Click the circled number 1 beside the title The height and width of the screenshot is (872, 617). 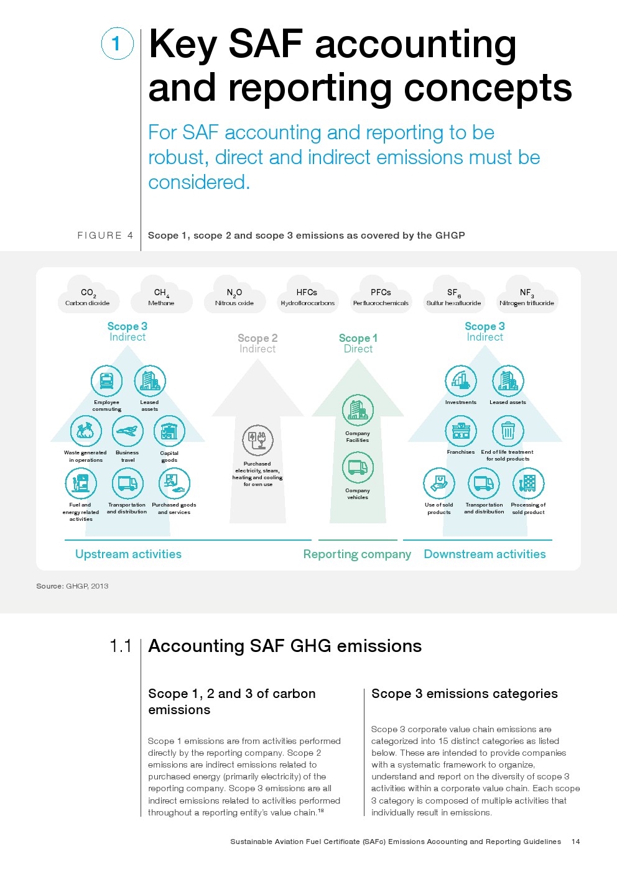[117, 44]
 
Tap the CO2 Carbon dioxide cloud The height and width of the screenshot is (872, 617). [88, 296]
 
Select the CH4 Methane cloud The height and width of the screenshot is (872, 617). [161, 296]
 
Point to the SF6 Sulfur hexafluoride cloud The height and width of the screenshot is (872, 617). [453, 296]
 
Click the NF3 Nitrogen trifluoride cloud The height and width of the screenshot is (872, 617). [527, 296]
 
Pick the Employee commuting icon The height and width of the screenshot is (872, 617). [106, 381]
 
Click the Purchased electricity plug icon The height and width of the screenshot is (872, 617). [257, 441]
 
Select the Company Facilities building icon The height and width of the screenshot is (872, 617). [358, 410]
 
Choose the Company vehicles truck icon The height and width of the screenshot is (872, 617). [358, 467]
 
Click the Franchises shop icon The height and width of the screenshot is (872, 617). [461, 431]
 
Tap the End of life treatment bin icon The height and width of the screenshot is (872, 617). [508, 431]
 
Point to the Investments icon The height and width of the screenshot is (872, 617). [461, 380]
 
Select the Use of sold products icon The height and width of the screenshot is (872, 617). [439, 483]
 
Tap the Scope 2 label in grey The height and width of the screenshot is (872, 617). [257, 338]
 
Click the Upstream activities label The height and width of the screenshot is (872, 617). [128, 554]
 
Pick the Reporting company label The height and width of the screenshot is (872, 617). [357, 554]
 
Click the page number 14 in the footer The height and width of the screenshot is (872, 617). [575, 842]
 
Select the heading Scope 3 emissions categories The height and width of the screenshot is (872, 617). [464, 694]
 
